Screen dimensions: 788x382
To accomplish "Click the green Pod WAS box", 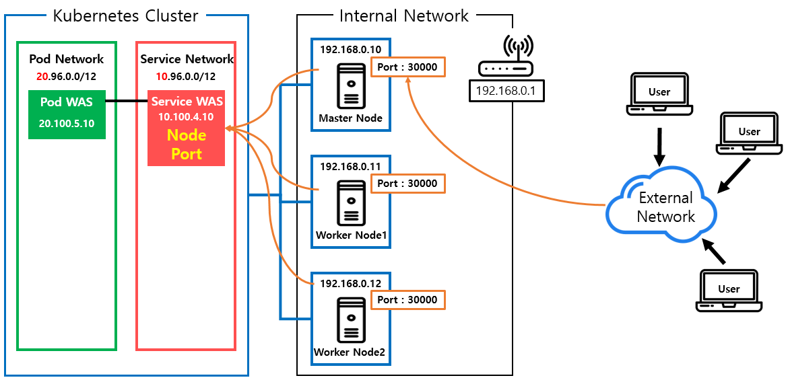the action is click(67, 114).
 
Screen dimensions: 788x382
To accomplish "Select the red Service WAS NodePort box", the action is click(186, 128).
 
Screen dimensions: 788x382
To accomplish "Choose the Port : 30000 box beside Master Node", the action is click(407, 67).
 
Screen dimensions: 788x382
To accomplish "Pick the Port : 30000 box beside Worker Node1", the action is click(407, 184).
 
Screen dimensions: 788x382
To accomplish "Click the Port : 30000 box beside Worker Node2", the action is click(407, 300).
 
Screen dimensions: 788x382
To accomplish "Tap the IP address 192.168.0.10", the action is click(351, 49).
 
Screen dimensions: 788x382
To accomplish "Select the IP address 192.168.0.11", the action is click(351, 166).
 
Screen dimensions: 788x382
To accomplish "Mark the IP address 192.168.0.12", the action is click(351, 283).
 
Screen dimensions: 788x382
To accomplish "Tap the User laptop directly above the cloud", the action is click(659, 94).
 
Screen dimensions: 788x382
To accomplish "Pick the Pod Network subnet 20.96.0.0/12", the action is click(66, 77).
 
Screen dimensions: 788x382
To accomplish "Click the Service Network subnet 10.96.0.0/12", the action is click(186, 77).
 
